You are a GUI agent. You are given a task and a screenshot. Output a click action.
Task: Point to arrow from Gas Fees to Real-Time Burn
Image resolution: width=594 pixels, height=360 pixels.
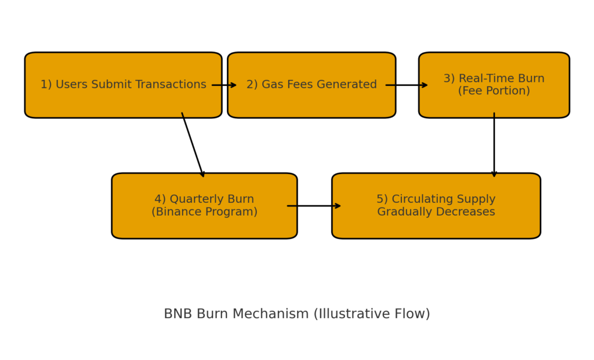[x=407, y=85]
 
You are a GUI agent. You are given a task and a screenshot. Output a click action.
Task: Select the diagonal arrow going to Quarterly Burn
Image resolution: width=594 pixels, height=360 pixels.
[x=193, y=144]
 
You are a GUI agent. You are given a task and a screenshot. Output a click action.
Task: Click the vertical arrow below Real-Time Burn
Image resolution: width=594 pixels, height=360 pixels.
[x=494, y=145]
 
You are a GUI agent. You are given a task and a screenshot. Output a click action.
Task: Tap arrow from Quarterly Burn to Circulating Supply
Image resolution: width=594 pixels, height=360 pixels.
[x=314, y=206]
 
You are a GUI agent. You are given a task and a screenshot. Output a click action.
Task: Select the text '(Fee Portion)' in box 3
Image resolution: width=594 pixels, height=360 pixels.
[x=494, y=91]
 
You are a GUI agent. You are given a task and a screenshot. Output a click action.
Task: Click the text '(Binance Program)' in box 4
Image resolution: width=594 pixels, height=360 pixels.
[x=204, y=212]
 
